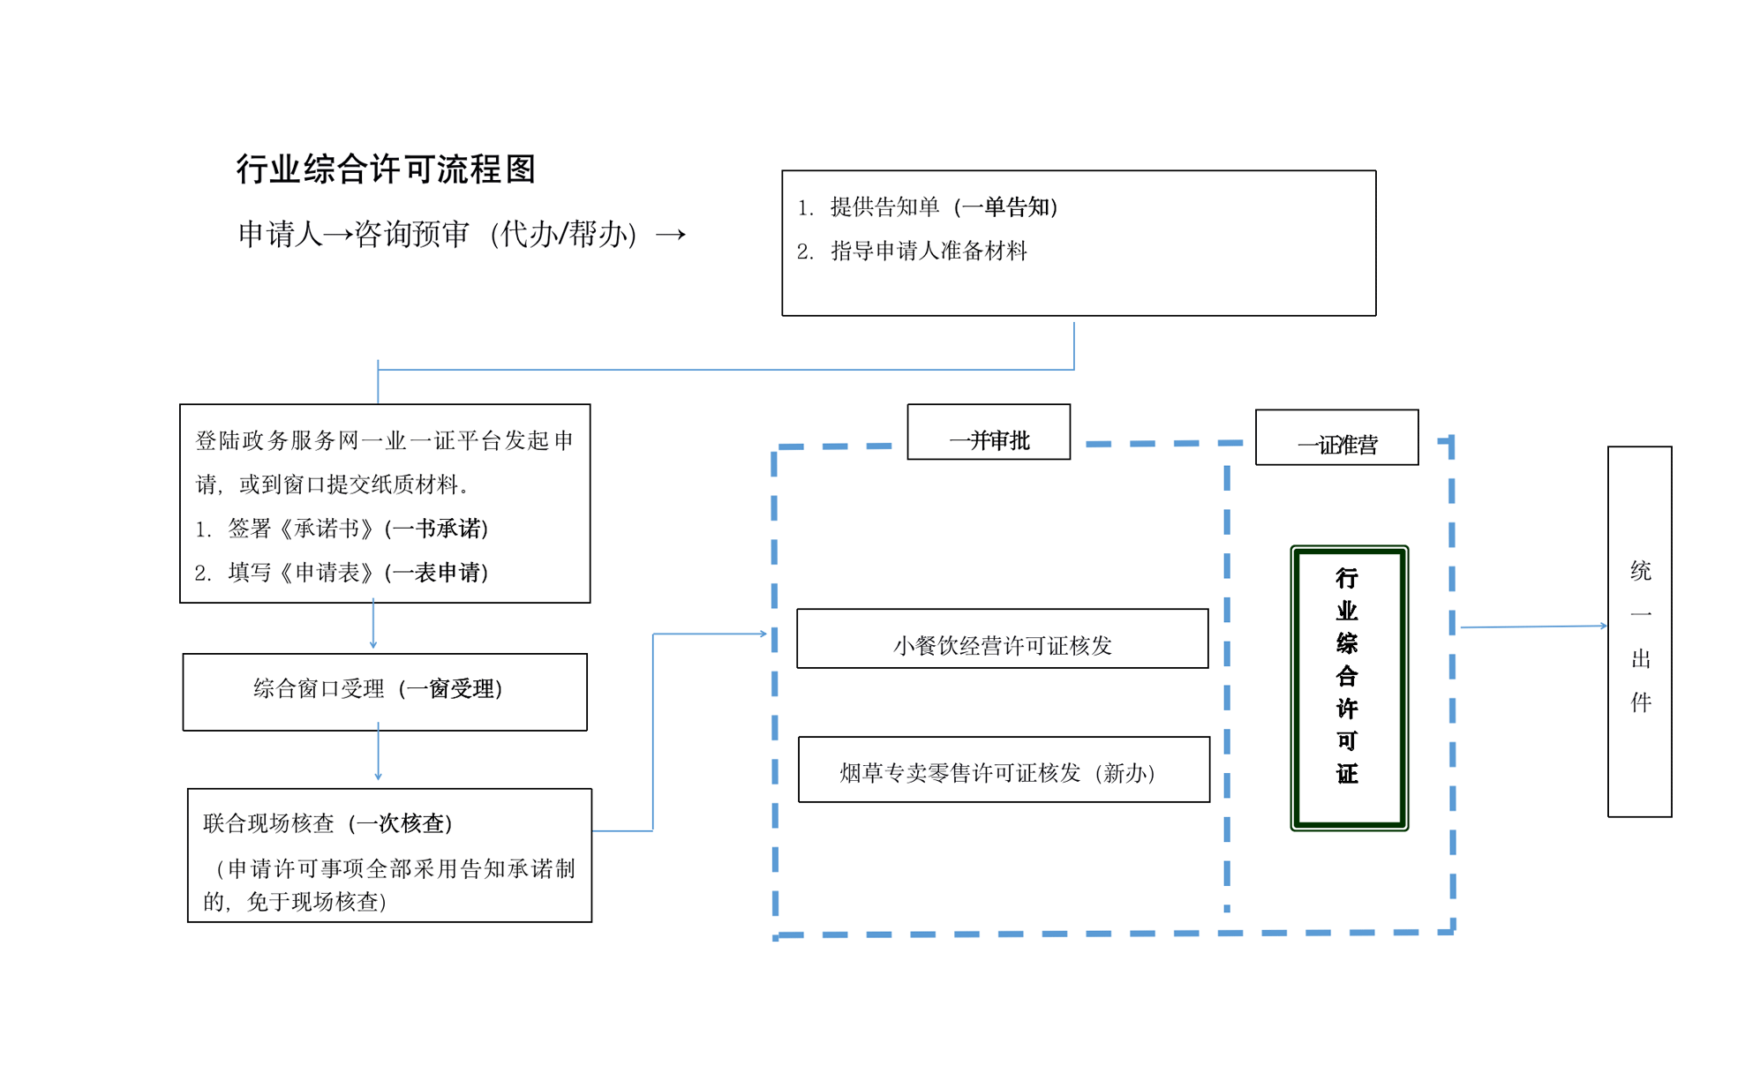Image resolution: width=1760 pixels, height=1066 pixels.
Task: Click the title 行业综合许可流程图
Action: [x=386, y=169]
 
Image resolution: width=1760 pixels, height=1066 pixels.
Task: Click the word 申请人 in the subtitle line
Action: [x=280, y=234]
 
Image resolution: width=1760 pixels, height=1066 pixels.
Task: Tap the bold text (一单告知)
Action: [x=1005, y=206]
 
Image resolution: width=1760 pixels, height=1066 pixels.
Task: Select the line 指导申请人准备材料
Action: [x=929, y=251]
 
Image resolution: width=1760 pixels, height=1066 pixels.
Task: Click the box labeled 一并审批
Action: [x=988, y=432]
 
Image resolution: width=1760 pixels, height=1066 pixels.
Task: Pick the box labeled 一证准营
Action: [x=1335, y=438]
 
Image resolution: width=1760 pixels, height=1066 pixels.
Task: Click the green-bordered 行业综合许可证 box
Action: [x=1348, y=687]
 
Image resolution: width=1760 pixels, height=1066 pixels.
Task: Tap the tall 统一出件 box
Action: [x=1638, y=632]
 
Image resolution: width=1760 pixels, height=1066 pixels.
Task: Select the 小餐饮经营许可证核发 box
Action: [x=1001, y=639]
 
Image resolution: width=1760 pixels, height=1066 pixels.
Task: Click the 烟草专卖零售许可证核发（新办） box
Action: [x=1003, y=770]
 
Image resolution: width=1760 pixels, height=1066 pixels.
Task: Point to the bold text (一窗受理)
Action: [x=450, y=688]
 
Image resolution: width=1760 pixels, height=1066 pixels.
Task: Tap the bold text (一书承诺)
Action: [x=436, y=529]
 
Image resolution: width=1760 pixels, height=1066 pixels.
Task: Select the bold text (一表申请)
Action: [x=436, y=573]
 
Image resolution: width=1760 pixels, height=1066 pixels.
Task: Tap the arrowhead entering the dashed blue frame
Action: [x=762, y=634]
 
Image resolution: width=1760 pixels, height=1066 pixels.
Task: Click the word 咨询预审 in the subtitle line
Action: [x=411, y=234]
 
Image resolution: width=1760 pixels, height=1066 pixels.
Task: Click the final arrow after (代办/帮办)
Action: [x=670, y=235]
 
